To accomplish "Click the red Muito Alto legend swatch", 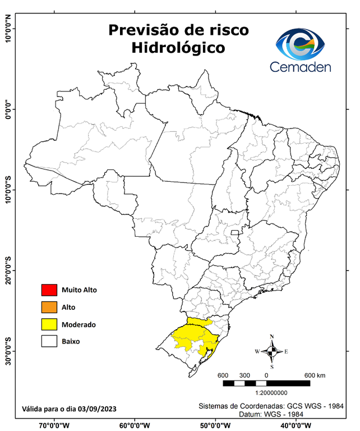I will pyautogui.click(x=49, y=290).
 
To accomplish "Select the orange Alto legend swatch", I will pyautogui.click(x=49, y=307).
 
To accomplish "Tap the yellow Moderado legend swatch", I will pyautogui.click(x=49, y=324).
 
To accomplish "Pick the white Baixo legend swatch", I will pyautogui.click(x=49, y=341).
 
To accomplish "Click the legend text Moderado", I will pyautogui.click(x=79, y=324).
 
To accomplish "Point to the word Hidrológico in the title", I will pyautogui.click(x=178, y=48).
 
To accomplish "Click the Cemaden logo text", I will pyautogui.click(x=301, y=67).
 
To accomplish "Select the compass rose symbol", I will pyautogui.click(x=271, y=351).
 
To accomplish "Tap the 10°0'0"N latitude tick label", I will pyautogui.click(x=8, y=29).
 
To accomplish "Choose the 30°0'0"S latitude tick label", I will pyautogui.click(x=8, y=351).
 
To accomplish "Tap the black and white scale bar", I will pyautogui.click(x=266, y=383).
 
